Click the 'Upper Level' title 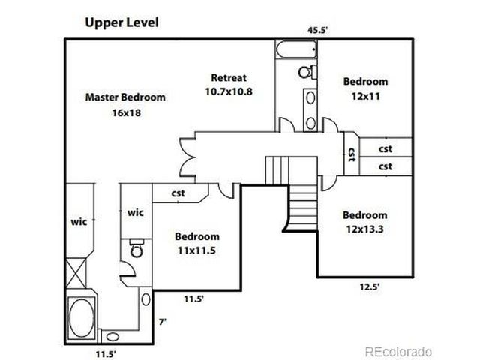121,23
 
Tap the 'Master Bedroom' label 125,97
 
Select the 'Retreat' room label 229,77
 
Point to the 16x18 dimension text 125,112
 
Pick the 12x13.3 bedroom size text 365,229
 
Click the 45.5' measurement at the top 318,31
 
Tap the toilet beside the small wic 136,249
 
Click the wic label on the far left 79,222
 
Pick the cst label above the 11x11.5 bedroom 178,193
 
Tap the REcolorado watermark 398,351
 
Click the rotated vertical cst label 349,154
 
